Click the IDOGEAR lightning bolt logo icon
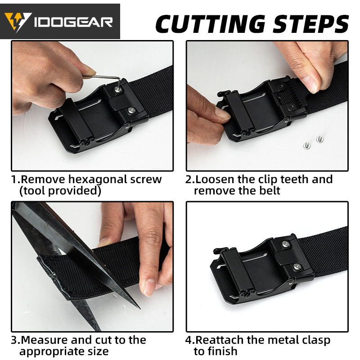(x=18, y=22)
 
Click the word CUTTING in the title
(x=211, y=24)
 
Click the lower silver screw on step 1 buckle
(x=131, y=110)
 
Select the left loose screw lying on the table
(x=307, y=145)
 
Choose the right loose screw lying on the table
(x=319, y=139)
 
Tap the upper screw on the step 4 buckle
(x=286, y=244)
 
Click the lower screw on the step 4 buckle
(x=297, y=266)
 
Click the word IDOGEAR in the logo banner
(x=73, y=22)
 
